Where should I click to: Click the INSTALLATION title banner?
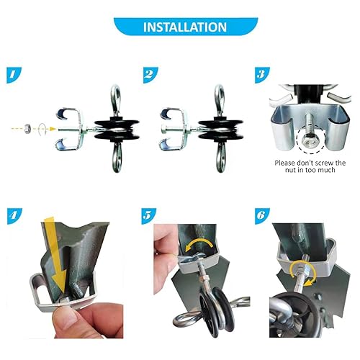(179, 27)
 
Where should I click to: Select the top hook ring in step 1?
(116, 95)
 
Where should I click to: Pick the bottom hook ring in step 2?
(220, 160)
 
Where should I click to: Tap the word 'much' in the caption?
(324, 174)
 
